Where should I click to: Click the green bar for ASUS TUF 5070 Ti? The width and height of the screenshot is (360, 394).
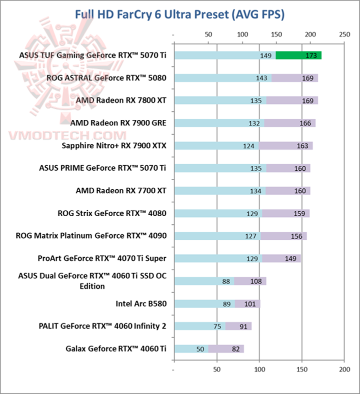coord(298,55)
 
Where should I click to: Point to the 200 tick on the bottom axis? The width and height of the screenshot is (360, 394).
coord(343,371)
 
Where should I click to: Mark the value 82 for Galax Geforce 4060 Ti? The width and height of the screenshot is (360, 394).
coord(235,349)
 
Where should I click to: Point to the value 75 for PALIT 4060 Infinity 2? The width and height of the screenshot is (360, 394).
coord(217,327)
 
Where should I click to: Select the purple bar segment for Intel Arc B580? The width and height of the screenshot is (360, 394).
coord(247,304)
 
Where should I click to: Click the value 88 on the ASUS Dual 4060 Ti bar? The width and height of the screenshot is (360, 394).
coord(226,281)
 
